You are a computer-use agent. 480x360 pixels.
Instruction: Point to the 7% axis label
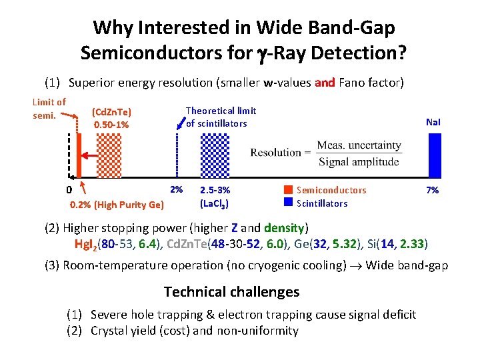pyautogui.click(x=432, y=190)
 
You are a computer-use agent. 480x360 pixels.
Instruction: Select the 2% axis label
pyautogui.click(x=176, y=189)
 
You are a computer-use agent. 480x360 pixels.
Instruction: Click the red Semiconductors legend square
pyautogui.click(x=289, y=190)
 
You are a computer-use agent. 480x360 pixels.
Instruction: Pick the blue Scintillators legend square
pyautogui.click(x=289, y=202)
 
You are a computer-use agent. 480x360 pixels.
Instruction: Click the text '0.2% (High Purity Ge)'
pyautogui.click(x=117, y=205)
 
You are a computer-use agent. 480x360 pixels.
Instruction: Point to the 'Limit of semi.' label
pyautogui.click(x=49, y=108)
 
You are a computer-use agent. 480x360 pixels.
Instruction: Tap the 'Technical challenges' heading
pyautogui.click(x=231, y=292)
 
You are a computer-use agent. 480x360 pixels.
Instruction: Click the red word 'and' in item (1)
pyautogui.click(x=325, y=83)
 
